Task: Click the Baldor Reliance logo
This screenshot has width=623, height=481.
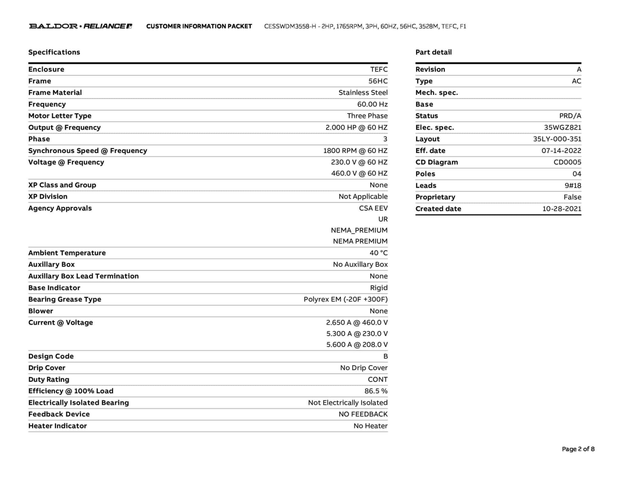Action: pyautogui.click(x=81, y=26)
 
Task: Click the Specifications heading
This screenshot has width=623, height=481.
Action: pyautogui.click(x=54, y=52)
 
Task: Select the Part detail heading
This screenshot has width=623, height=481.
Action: pyautogui.click(x=433, y=52)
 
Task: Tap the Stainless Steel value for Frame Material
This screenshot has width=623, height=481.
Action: pyautogui.click(x=363, y=93)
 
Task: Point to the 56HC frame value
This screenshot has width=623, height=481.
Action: pyautogui.click(x=378, y=81)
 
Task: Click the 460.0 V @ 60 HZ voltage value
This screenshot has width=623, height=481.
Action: pyautogui.click(x=359, y=173)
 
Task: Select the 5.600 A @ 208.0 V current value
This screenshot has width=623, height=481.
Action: pyautogui.click(x=357, y=344)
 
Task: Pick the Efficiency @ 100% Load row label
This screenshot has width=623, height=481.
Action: pyautogui.click(x=71, y=391)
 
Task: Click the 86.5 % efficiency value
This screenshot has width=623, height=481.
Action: pyautogui.click(x=376, y=391)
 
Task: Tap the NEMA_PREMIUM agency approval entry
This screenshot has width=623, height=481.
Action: pyautogui.click(x=359, y=230)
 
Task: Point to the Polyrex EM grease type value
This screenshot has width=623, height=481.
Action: pyautogui.click(x=346, y=299)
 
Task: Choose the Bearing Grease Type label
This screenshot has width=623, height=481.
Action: pyautogui.click(x=65, y=299)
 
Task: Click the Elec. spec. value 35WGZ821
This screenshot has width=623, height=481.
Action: pyautogui.click(x=562, y=128)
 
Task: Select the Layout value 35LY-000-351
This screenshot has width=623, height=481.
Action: pyautogui.click(x=557, y=139)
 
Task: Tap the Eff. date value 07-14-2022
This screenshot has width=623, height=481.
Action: pyautogui.click(x=561, y=151)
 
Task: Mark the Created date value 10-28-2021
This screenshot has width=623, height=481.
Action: pyautogui.click(x=562, y=209)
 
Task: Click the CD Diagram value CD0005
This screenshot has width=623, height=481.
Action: pyautogui.click(x=567, y=162)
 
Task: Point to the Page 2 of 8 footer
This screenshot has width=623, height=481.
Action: pyautogui.click(x=578, y=449)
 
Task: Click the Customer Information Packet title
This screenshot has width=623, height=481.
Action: pyautogui.click(x=199, y=26)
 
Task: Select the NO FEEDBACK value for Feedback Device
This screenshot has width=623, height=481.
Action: pyautogui.click(x=363, y=414)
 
